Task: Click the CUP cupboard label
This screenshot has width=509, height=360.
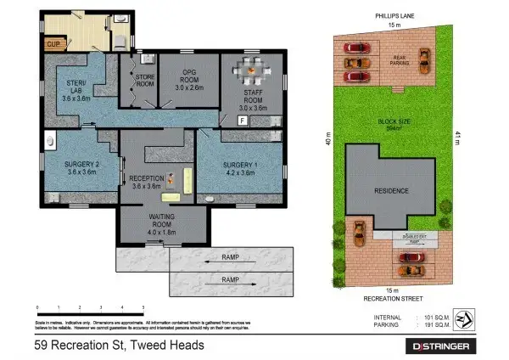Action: point(53,42)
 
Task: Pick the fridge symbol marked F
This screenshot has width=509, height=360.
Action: point(243,121)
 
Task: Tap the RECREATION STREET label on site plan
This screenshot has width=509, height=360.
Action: point(395,299)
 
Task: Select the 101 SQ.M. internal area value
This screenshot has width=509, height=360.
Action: point(432,316)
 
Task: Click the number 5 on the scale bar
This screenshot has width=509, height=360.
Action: point(143,307)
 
